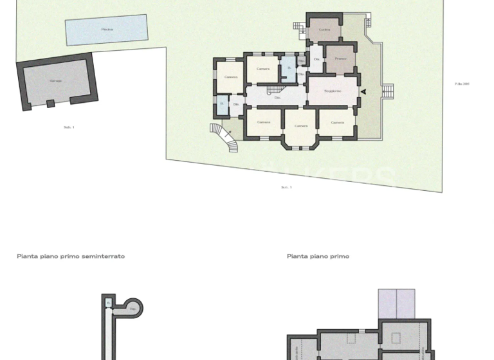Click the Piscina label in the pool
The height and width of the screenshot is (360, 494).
coord(107,30)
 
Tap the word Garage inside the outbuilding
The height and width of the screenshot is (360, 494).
coord(56,81)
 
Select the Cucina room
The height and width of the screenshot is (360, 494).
coord(324,30)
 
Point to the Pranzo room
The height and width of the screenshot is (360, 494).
coord(340,59)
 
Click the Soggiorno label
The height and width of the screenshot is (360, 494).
coord(332,91)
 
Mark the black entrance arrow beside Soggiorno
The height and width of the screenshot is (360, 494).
coord(363,92)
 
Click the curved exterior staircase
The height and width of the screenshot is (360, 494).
coord(224,137)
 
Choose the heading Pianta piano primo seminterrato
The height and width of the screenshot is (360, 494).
coord(71,256)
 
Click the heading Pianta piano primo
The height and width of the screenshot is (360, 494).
coord(318,256)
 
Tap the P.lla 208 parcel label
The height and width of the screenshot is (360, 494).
coord(461,84)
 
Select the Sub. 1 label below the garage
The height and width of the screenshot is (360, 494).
coord(69,127)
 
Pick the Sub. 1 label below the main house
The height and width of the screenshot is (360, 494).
coord(286,187)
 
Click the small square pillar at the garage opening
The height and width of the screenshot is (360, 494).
coord(50,104)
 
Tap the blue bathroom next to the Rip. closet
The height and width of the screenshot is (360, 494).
coord(289,68)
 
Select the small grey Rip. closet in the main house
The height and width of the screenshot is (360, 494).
coord(301,61)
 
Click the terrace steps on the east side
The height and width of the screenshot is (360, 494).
coord(388,92)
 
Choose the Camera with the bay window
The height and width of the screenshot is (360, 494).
coord(300,126)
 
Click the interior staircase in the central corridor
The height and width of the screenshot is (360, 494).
coord(274,91)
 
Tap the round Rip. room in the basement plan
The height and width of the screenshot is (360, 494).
coord(133,308)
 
